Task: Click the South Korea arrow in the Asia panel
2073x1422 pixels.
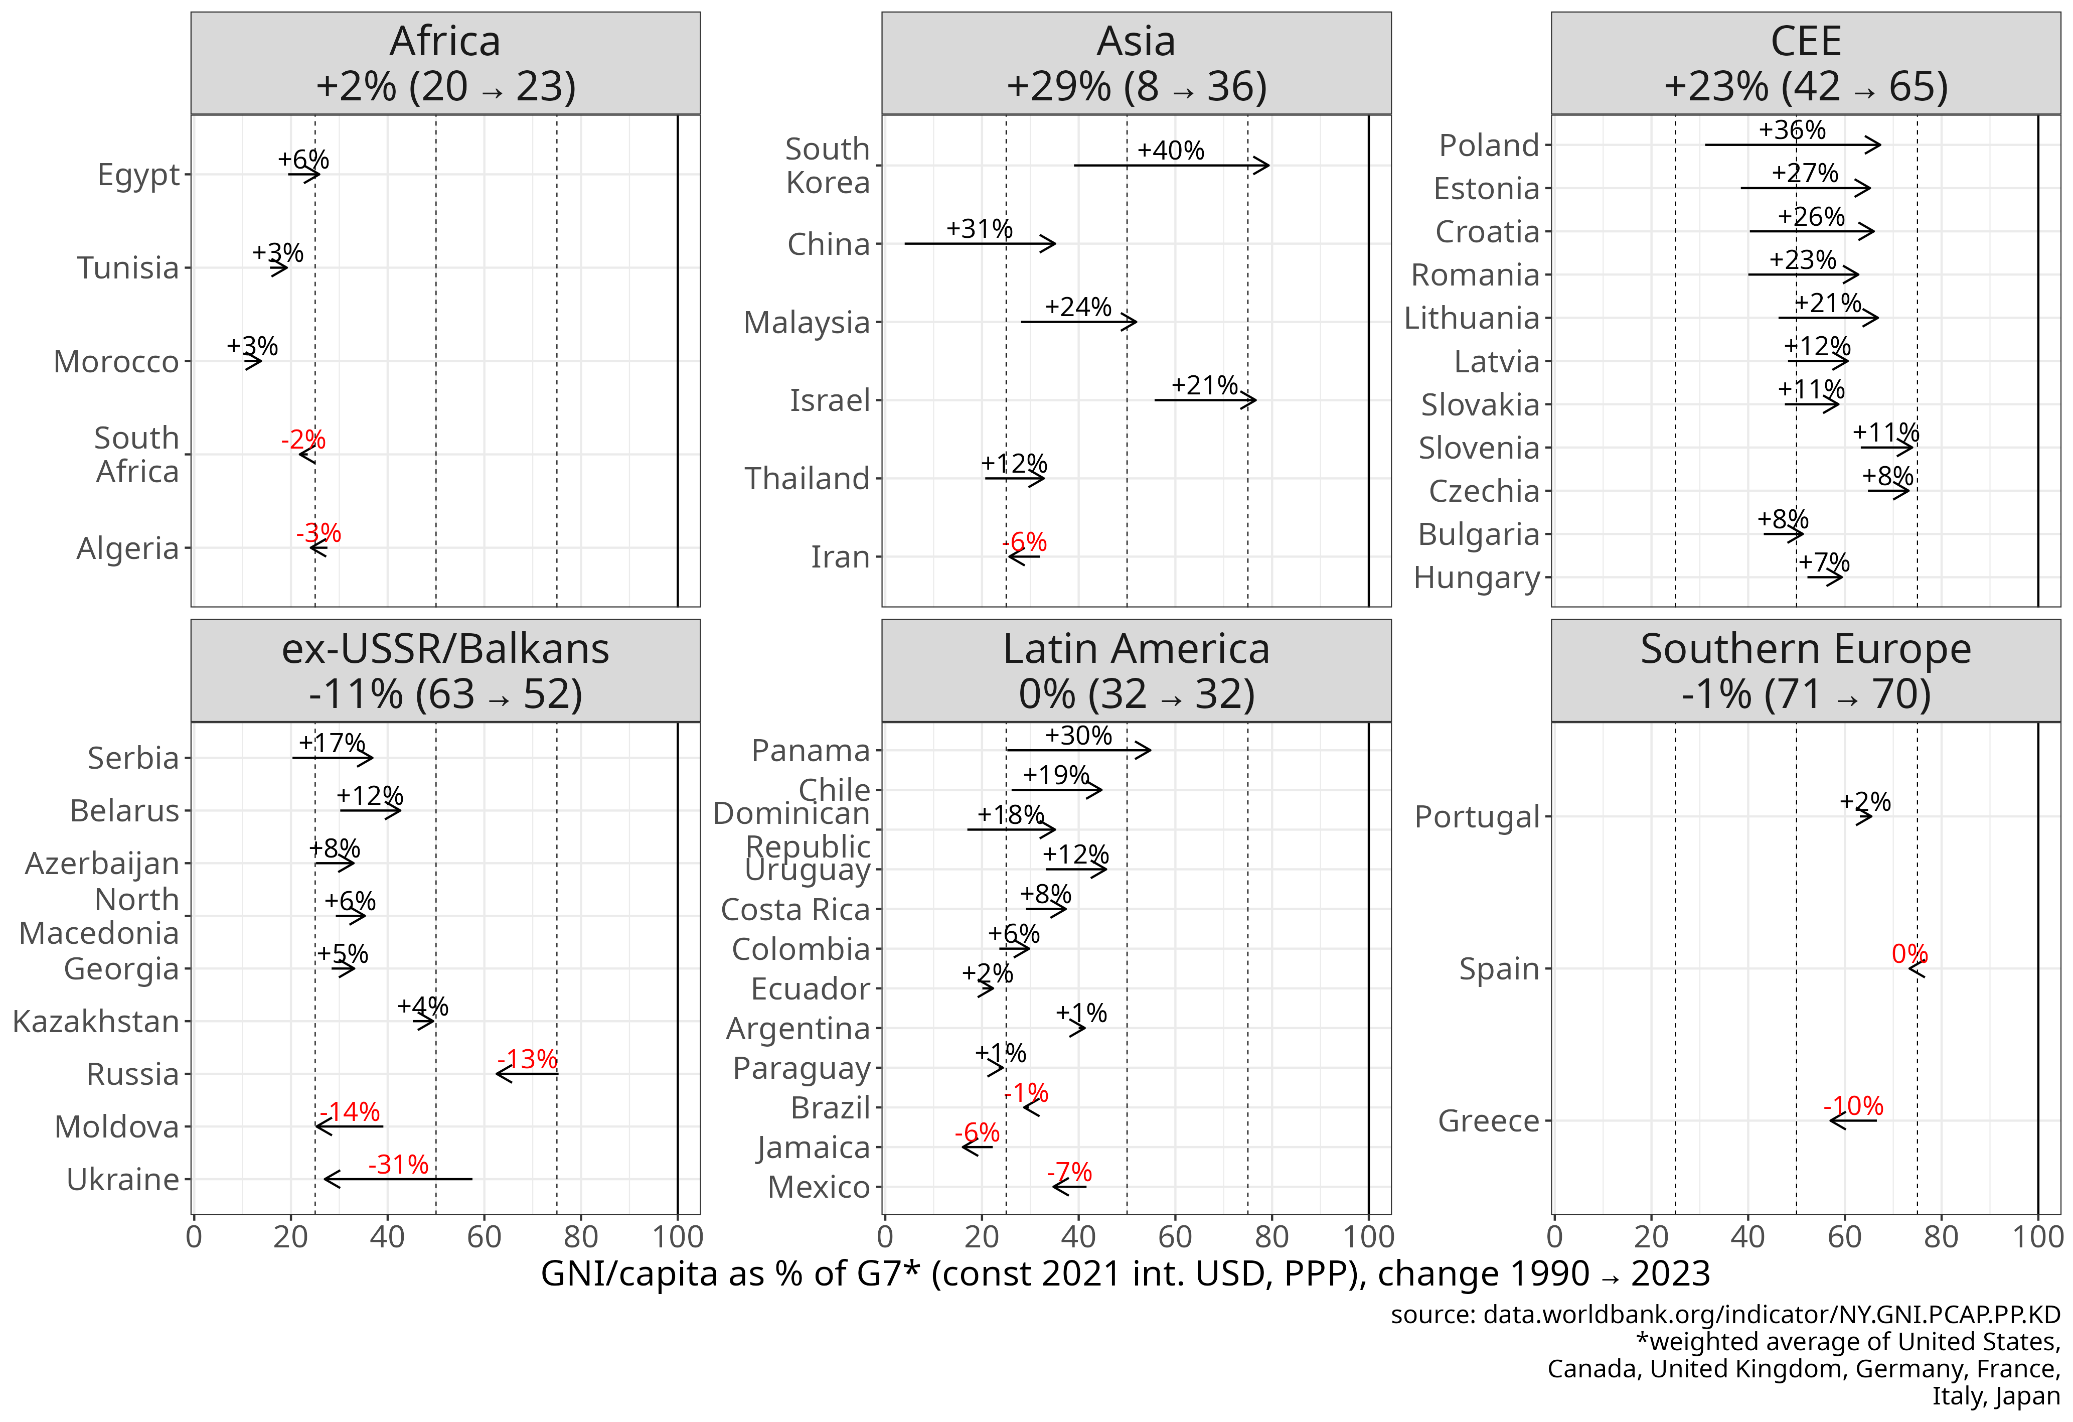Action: click(x=1170, y=165)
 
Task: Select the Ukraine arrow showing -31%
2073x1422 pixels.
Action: click(x=398, y=1179)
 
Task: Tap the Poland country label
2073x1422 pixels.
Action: click(x=1489, y=146)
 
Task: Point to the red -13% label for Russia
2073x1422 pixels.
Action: click(x=527, y=1059)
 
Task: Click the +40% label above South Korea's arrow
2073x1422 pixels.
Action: click(x=1170, y=150)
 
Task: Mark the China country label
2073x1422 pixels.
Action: click(x=828, y=243)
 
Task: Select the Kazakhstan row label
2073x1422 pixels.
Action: click(x=95, y=1022)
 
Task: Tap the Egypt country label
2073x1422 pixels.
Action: click(x=138, y=175)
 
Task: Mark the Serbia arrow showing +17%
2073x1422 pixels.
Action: click(x=332, y=758)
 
